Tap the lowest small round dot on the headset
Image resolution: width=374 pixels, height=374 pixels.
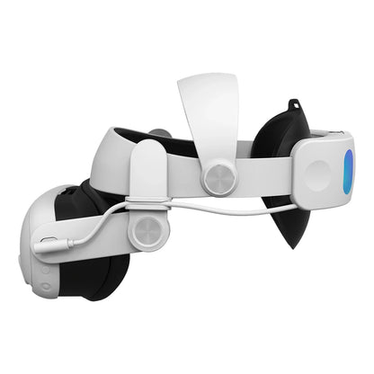pos(45,287)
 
